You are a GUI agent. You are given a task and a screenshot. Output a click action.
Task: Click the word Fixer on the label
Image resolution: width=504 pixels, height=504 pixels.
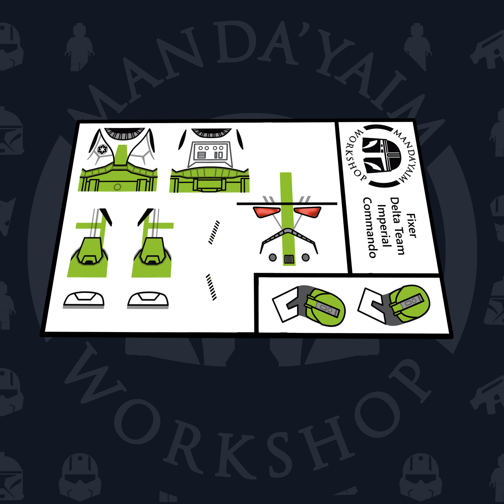tap(411, 226)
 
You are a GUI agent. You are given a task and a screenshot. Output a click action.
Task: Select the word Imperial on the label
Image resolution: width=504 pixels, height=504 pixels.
tap(383, 225)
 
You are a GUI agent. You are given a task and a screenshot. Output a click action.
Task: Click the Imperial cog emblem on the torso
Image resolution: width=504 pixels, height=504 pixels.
tap(101, 150)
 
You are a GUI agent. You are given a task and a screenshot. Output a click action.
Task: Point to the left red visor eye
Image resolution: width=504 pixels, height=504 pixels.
tap(266, 212)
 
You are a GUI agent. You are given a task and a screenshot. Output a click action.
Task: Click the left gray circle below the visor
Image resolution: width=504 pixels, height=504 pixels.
tap(272, 258)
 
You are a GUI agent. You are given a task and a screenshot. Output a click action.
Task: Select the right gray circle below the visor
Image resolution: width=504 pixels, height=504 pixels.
tap(306, 257)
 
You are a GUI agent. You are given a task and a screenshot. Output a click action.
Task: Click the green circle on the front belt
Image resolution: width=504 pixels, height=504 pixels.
tap(118, 187)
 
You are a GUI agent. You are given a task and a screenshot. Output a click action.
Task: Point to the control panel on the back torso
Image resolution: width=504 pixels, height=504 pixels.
tap(210, 154)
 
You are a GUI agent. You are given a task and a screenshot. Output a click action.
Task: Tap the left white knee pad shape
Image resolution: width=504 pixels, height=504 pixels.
tap(84, 299)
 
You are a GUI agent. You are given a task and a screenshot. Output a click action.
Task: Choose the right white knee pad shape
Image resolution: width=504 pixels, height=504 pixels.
tap(148, 300)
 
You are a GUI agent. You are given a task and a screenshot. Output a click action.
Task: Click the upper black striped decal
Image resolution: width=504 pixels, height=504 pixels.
tap(214, 233)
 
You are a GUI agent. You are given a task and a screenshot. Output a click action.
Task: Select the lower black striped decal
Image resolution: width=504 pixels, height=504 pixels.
tap(211, 287)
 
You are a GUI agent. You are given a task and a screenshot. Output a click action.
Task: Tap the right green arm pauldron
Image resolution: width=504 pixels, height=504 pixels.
tap(409, 303)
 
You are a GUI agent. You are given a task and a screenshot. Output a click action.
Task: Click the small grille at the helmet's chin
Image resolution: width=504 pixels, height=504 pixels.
tap(289, 259)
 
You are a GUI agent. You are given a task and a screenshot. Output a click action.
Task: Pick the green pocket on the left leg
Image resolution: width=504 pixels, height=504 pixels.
tap(89, 251)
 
